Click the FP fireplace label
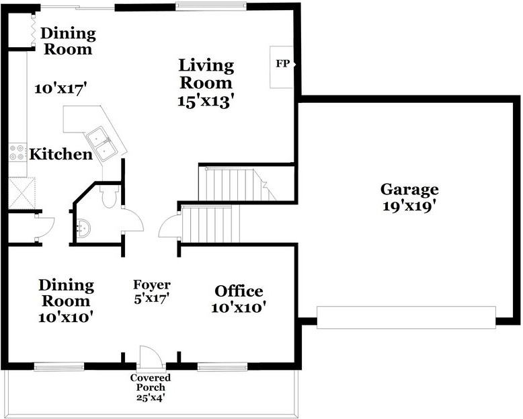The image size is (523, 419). pyautogui.click(x=282, y=63)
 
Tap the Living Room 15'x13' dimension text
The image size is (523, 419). pyautogui.click(x=204, y=101)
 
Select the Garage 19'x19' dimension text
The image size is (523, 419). pyautogui.click(x=409, y=206)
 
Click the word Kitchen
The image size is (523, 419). pyautogui.click(x=61, y=154)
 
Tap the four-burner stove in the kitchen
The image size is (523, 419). pyautogui.click(x=17, y=152)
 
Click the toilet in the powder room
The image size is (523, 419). pyautogui.click(x=109, y=197)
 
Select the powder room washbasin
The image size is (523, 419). pyautogui.click(x=83, y=228)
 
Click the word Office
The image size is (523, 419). pyautogui.click(x=239, y=291)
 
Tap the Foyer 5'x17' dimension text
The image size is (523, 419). pyautogui.click(x=152, y=298)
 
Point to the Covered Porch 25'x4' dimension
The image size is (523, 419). pyautogui.click(x=151, y=397)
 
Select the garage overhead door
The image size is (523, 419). pyautogui.click(x=406, y=317)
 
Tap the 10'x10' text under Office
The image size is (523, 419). pyautogui.click(x=238, y=307)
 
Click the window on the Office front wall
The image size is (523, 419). pyautogui.click(x=222, y=367)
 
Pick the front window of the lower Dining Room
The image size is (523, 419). pyautogui.click(x=59, y=367)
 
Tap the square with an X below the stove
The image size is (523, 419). pyautogui.click(x=22, y=194)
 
